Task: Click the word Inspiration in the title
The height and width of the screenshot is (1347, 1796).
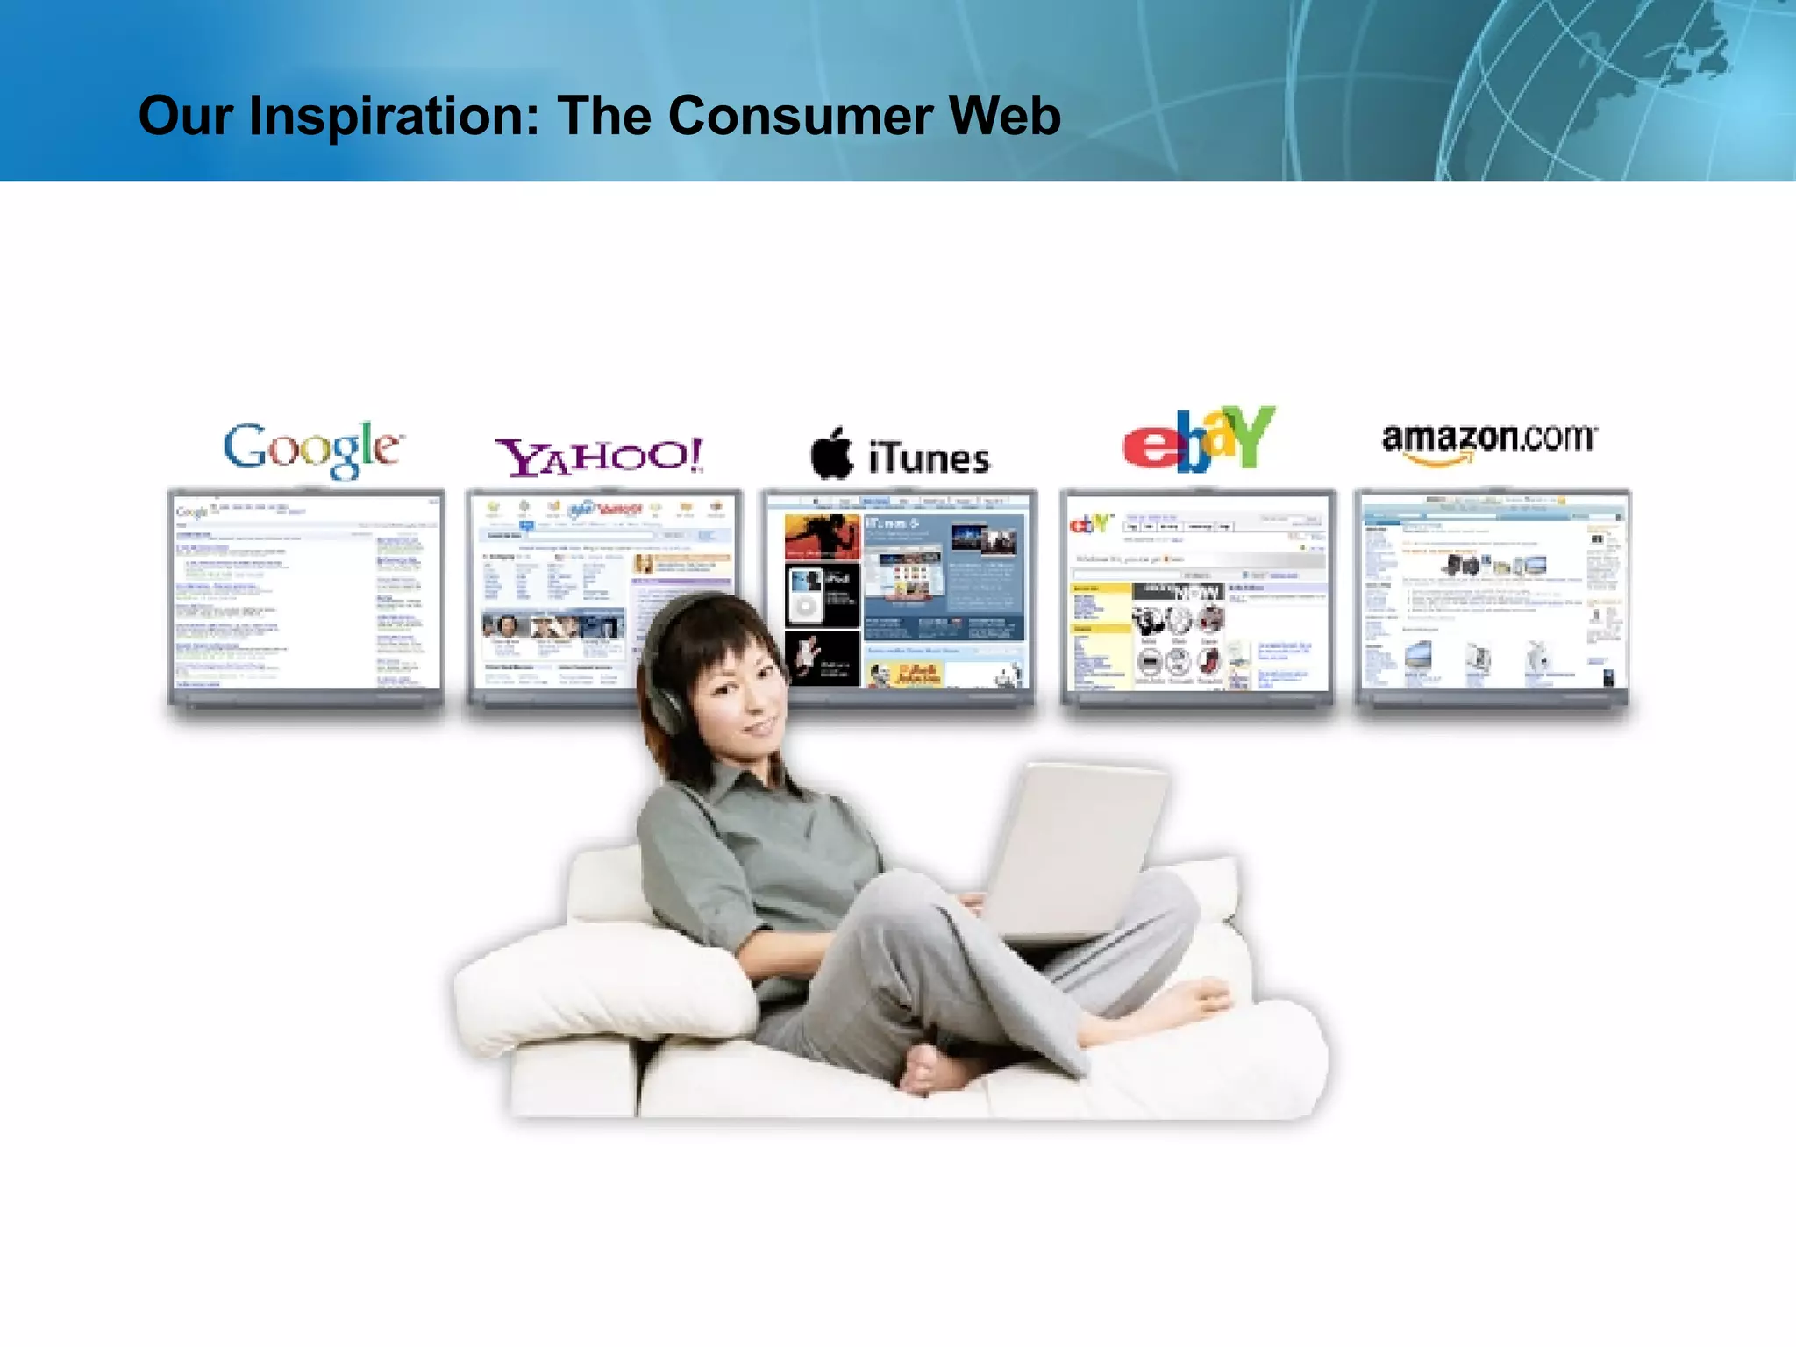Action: click(395, 117)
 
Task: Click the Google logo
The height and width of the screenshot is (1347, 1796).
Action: click(313, 449)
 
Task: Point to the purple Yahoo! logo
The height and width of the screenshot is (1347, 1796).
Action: click(599, 456)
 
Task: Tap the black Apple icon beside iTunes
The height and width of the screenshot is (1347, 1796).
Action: click(830, 454)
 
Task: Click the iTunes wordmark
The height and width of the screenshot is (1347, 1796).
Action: click(929, 459)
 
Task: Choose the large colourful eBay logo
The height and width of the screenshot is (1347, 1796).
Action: click(1198, 439)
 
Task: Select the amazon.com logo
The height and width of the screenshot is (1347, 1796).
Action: click(1489, 441)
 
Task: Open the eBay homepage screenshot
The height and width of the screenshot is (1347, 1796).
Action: click(1198, 596)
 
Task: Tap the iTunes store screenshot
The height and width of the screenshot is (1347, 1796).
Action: click(903, 596)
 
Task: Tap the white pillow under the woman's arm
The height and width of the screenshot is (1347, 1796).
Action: click(605, 982)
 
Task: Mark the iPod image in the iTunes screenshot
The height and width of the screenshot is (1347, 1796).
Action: click(806, 596)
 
